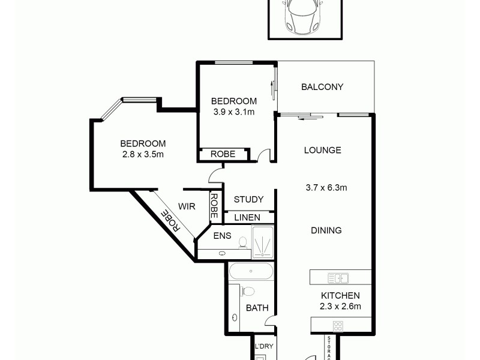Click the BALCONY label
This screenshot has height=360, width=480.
[322, 87]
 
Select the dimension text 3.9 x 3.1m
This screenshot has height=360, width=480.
[235, 112]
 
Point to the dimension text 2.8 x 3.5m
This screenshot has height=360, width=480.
[143, 154]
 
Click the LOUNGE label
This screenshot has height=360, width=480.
[322, 150]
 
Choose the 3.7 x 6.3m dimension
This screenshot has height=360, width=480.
[326, 187]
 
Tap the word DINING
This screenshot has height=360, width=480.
[326, 230]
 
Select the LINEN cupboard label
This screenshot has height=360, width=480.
[247, 217]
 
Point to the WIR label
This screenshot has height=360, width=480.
[187, 206]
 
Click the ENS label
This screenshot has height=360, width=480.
[223, 236]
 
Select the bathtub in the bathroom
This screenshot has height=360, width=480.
[251, 272]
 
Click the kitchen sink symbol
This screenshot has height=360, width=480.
[339, 278]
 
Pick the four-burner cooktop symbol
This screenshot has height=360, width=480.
[338, 326]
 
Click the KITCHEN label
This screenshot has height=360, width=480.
[340, 295]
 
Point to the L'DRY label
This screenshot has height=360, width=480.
[264, 347]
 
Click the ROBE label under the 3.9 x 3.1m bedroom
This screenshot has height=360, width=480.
[223, 155]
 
